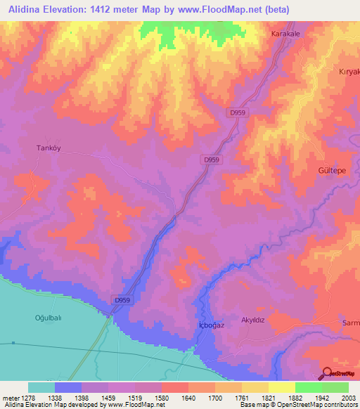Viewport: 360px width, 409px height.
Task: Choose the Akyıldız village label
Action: point(257,318)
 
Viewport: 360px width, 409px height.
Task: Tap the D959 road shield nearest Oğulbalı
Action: point(121,300)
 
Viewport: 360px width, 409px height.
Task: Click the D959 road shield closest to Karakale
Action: point(236,112)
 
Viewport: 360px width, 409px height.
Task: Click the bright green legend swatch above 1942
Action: point(308,387)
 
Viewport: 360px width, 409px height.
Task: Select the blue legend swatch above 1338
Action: point(68,387)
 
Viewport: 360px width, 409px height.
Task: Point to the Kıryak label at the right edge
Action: point(349,72)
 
